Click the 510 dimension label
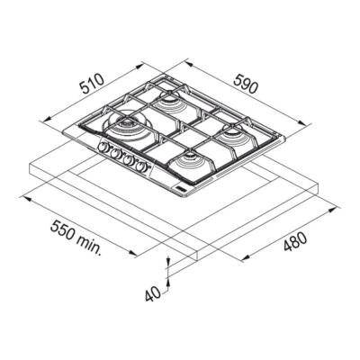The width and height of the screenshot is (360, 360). pos(92,84)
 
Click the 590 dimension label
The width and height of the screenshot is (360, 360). pos(246,84)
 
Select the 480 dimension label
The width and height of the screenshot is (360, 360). pos(295,242)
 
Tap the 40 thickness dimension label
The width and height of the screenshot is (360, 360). pos(153,293)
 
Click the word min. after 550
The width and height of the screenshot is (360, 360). pos(89,246)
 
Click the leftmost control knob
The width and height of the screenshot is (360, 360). pos(103,147)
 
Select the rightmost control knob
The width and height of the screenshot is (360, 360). pos(141,166)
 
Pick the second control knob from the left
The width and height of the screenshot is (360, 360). pos(114,153)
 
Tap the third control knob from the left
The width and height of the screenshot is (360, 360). pos(129,160)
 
